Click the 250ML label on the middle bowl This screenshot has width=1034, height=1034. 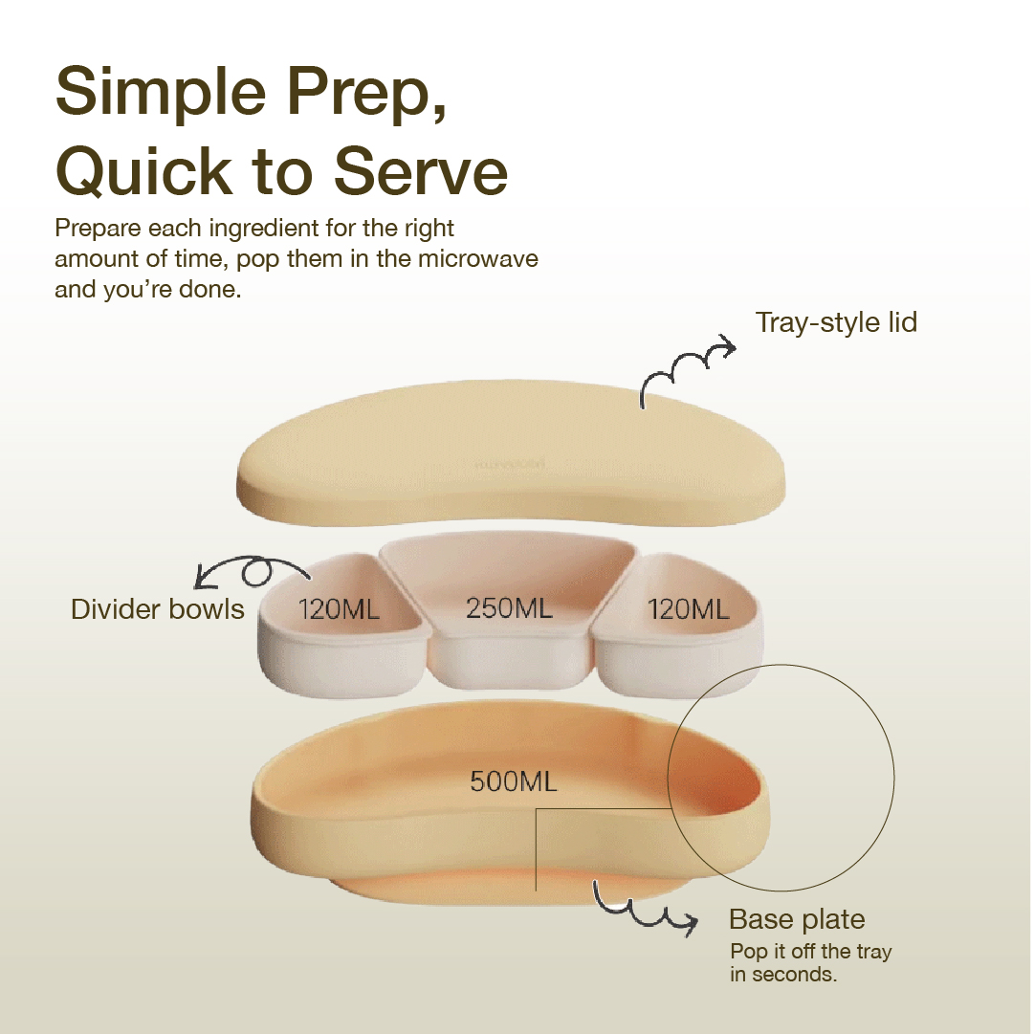(509, 608)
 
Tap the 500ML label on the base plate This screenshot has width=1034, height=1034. (513, 781)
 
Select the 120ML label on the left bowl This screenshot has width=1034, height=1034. (339, 609)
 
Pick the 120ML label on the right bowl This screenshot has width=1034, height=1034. (689, 609)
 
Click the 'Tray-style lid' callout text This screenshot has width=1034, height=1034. (836, 323)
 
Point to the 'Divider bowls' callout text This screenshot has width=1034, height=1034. (158, 609)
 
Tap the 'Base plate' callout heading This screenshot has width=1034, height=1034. (797, 919)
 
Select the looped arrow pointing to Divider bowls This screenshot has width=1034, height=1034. (253, 568)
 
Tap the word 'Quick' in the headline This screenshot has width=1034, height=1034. (144, 170)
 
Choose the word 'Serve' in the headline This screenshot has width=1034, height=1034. (421, 170)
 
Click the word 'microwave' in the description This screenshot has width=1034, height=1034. (478, 258)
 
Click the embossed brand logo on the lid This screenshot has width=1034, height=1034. (510, 463)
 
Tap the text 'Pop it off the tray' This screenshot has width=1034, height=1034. (810, 952)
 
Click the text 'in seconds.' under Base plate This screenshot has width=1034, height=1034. (783, 975)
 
